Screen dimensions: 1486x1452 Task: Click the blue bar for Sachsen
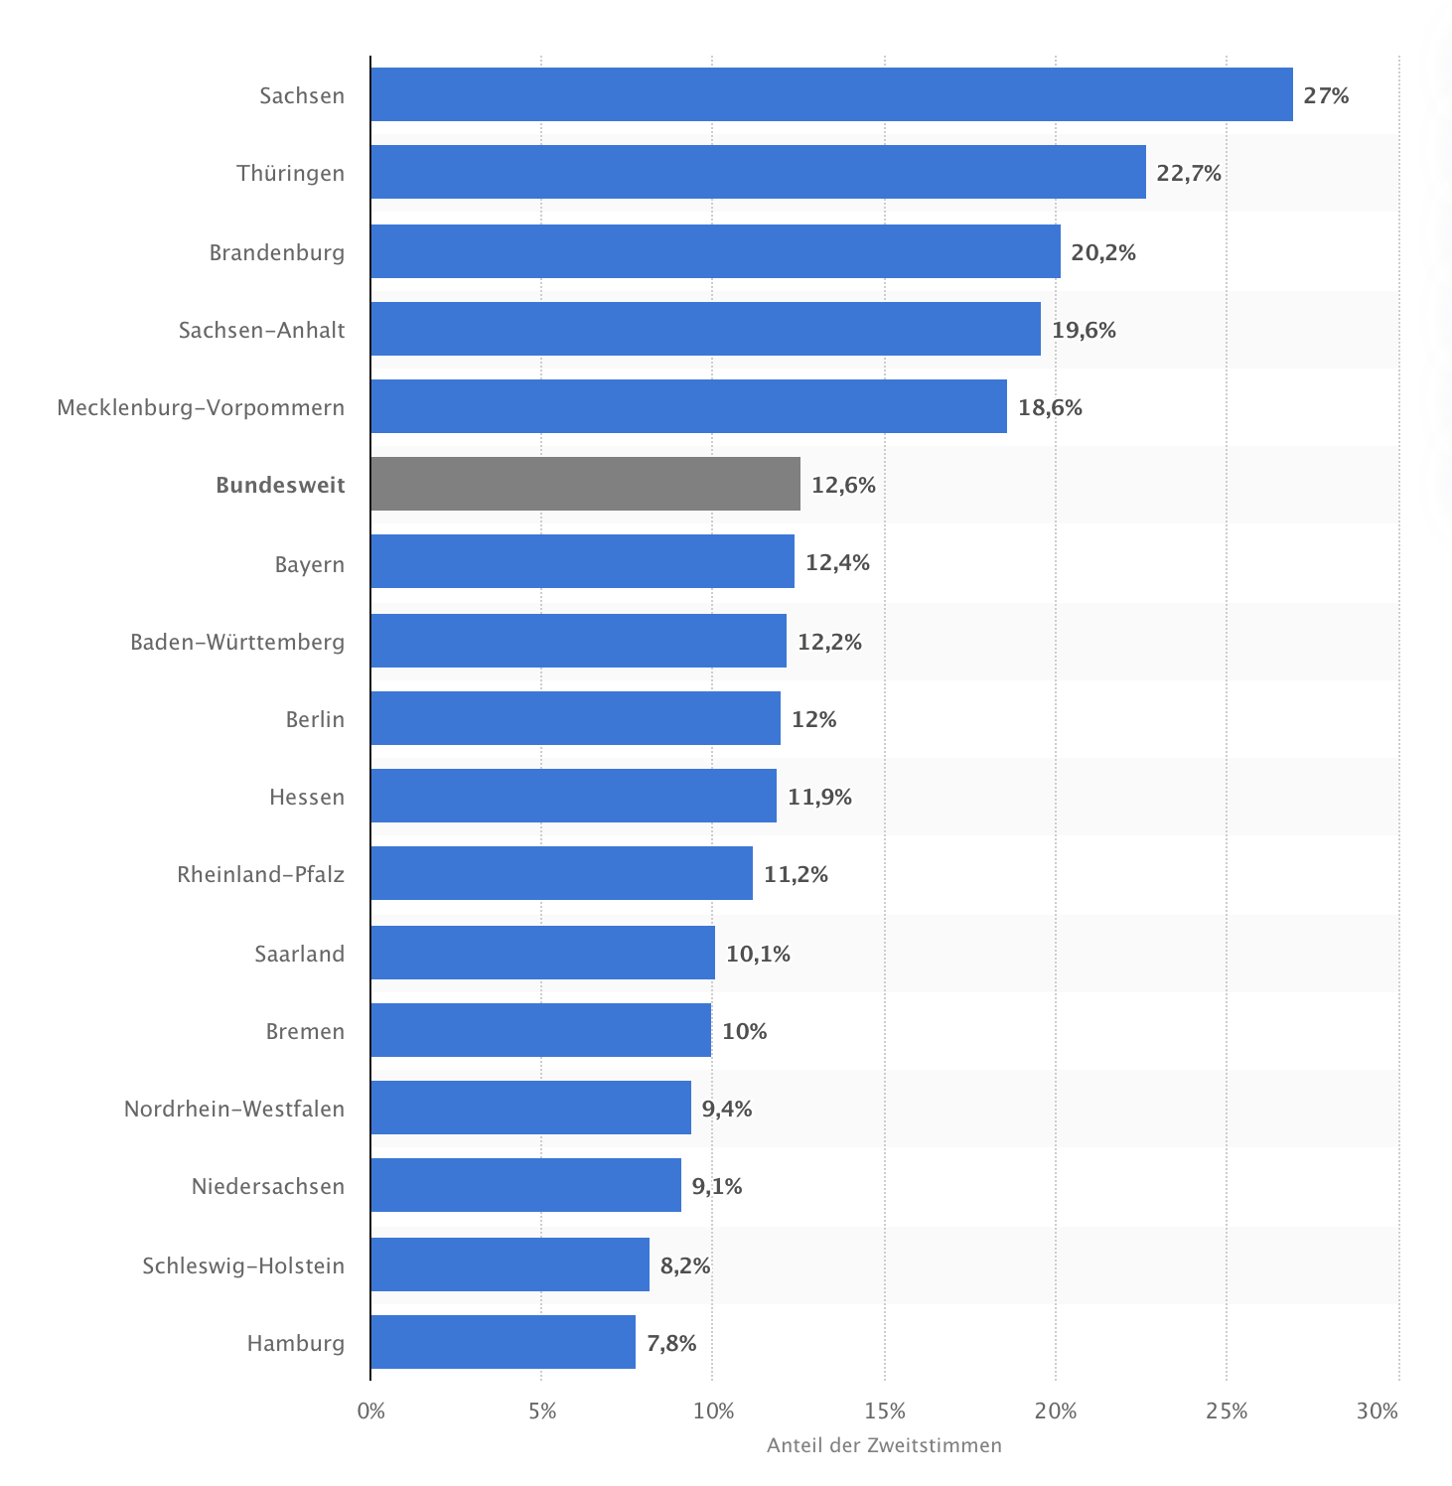[x=831, y=94]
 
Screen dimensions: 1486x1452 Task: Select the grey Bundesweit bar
[x=585, y=484]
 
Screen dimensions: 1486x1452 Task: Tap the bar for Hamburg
[x=503, y=1342]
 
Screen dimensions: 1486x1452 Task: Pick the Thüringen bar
[x=758, y=172]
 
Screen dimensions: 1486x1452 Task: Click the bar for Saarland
[x=542, y=953]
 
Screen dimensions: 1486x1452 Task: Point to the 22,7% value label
[x=1189, y=174]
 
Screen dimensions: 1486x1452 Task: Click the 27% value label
[x=1326, y=96]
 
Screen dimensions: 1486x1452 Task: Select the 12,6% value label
[x=843, y=486]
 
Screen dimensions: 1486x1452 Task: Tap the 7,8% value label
[x=671, y=1344]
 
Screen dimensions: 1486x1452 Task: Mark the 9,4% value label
[x=727, y=1110]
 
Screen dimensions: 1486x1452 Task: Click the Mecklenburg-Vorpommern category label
[x=201, y=408]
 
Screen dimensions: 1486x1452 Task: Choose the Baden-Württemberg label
[x=237, y=643]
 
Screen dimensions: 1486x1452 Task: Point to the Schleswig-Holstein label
[x=243, y=1266]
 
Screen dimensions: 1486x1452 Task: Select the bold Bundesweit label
[x=280, y=486]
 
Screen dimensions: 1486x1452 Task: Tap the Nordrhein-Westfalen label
[x=234, y=1110]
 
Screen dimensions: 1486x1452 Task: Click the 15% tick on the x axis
[x=885, y=1412]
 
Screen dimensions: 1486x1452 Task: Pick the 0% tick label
[x=370, y=1412]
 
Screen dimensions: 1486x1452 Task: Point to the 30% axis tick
[x=1378, y=1412]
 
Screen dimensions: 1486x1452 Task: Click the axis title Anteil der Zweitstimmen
[x=884, y=1446]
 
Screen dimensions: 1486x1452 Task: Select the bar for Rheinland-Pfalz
[x=561, y=873]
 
